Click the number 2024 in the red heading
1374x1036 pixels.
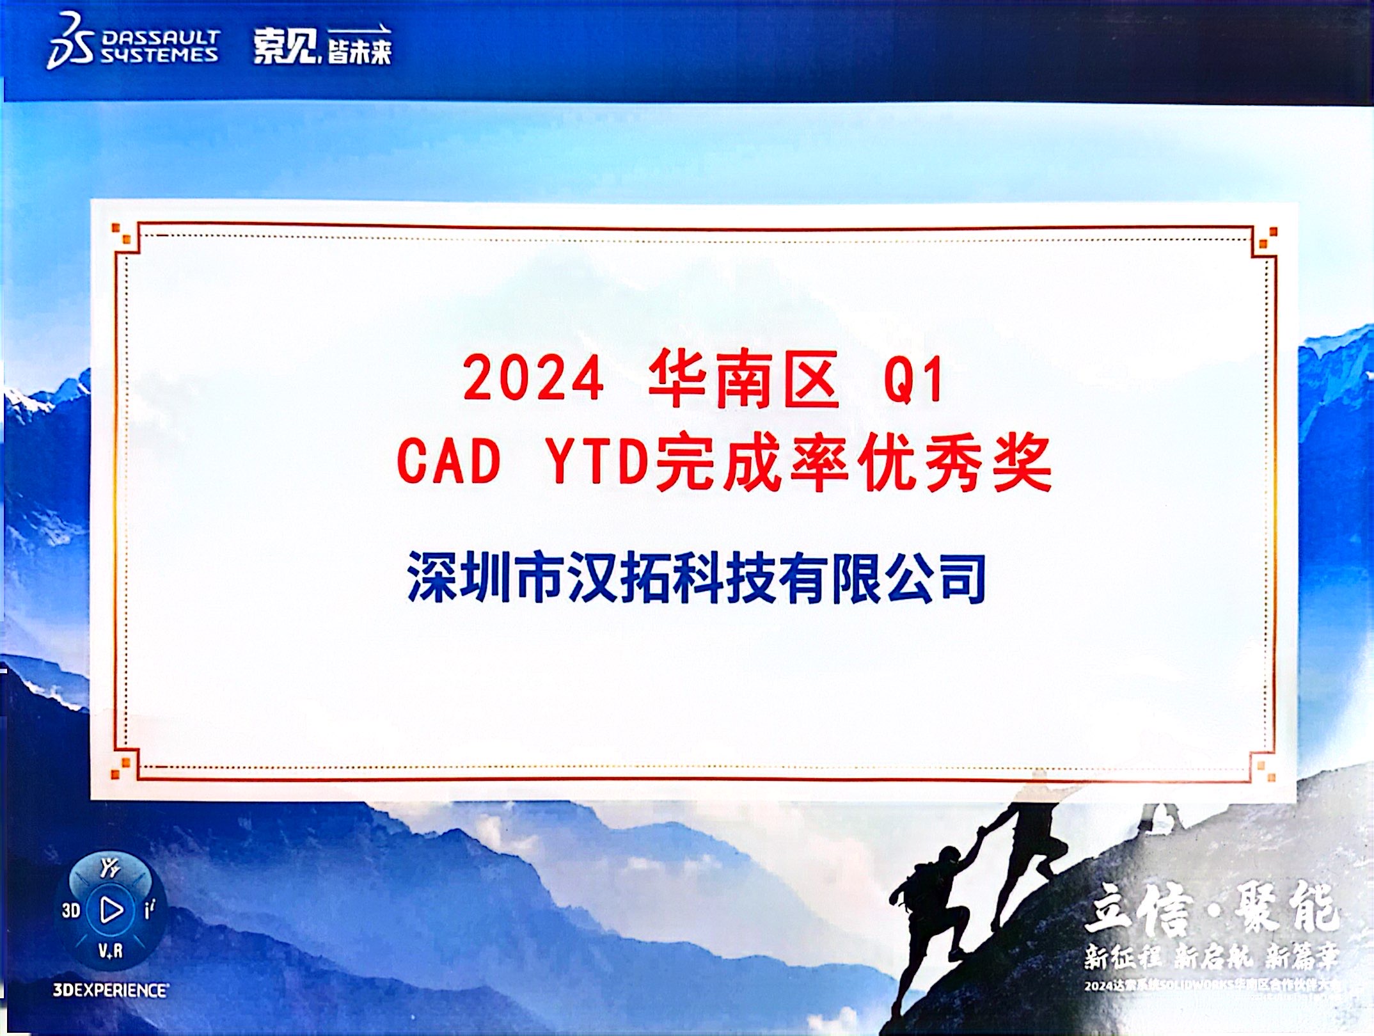coord(533,378)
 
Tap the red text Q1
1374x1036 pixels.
coord(913,379)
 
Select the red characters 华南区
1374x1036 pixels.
coord(743,379)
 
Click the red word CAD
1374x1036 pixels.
coord(448,461)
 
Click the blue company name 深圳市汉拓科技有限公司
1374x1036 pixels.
coord(696,578)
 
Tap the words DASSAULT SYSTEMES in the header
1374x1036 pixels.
coord(160,47)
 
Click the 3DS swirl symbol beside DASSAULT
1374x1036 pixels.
coord(70,42)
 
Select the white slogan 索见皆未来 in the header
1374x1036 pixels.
coord(322,46)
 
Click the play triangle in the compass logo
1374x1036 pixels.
coord(111,909)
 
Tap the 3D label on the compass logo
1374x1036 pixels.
coord(71,910)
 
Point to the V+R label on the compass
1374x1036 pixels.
coord(110,952)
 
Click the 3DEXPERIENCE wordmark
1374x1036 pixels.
coord(111,991)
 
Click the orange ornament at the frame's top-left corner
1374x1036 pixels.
coord(122,234)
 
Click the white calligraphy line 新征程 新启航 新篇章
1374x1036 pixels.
coord(1211,957)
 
